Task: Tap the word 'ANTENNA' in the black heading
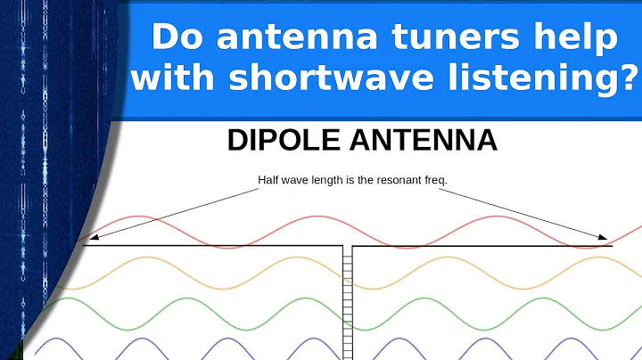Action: (426, 141)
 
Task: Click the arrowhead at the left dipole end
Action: (87, 238)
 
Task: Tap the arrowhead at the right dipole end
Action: (609, 239)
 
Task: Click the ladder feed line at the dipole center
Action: (348, 303)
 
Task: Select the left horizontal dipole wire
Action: (214, 246)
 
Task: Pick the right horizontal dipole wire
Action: (481, 246)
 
